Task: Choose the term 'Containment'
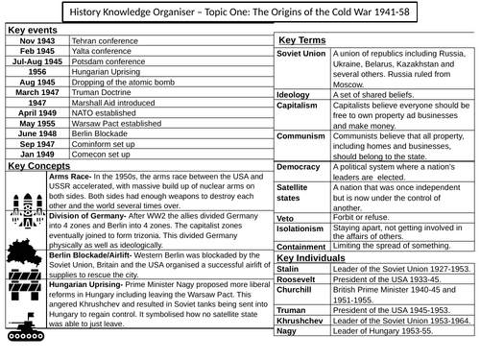(303, 246)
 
